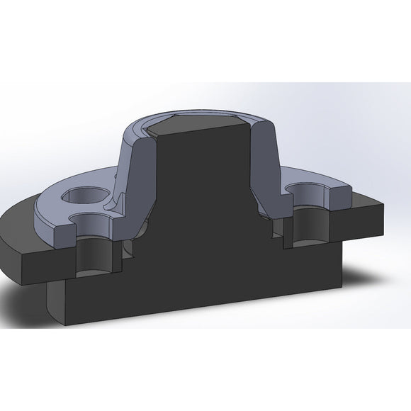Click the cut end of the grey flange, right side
click(343, 199)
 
